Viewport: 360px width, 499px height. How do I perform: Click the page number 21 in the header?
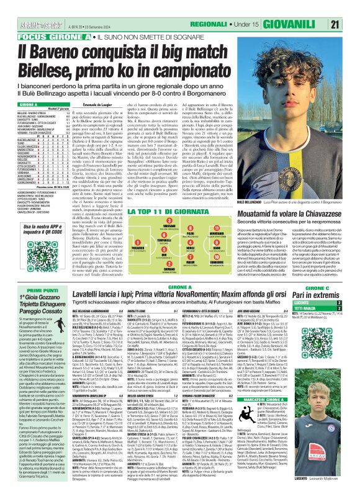tap(351, 24)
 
